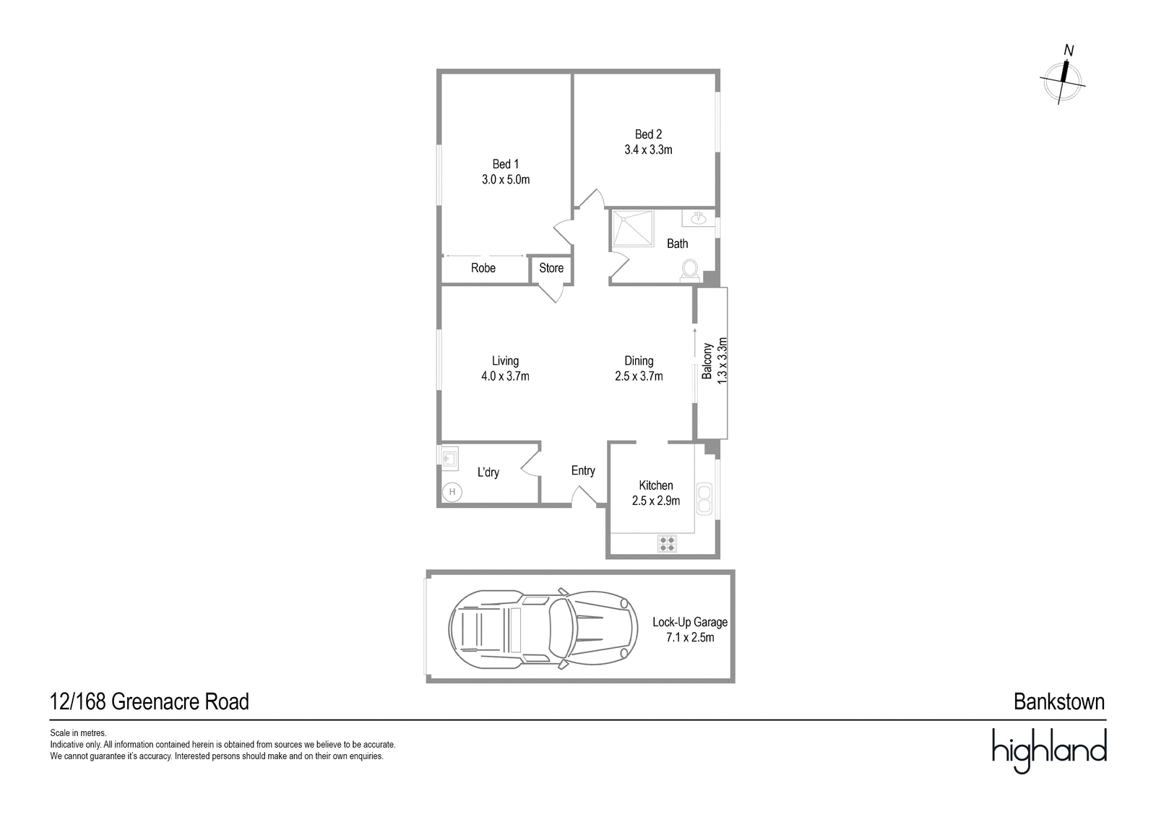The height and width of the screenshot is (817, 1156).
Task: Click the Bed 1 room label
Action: [x=505, y=164]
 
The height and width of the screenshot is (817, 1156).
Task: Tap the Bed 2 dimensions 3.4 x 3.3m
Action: [x=648, y=150]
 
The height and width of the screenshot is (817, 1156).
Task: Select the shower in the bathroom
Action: [x=633, y=228]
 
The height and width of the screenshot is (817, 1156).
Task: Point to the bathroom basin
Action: [x=699, y=218]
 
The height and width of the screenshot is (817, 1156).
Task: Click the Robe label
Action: [x=483, y=268]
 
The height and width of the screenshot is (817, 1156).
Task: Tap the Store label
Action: [x=551, y=268]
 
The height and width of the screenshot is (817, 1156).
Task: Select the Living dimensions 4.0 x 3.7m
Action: [x=505, y=376]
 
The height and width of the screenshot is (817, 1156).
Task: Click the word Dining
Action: [x=639, y=360]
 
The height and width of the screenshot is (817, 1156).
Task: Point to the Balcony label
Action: [x=707, y=361]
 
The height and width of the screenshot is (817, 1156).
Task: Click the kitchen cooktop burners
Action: [x=667, y=543]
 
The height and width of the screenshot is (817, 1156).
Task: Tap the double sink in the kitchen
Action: [x=704, y=498]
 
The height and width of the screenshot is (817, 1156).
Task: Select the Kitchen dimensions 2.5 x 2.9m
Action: [x=656, y=501]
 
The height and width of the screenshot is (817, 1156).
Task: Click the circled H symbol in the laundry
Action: [x=452, y=492]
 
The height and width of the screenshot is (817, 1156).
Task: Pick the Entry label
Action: [x=583, y=471]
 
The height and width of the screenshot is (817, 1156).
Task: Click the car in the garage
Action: [x=543, y=629]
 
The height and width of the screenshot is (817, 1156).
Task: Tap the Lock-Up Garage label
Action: [x=690, y=622]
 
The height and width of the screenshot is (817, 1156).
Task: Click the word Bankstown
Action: [x=1059, y=702]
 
